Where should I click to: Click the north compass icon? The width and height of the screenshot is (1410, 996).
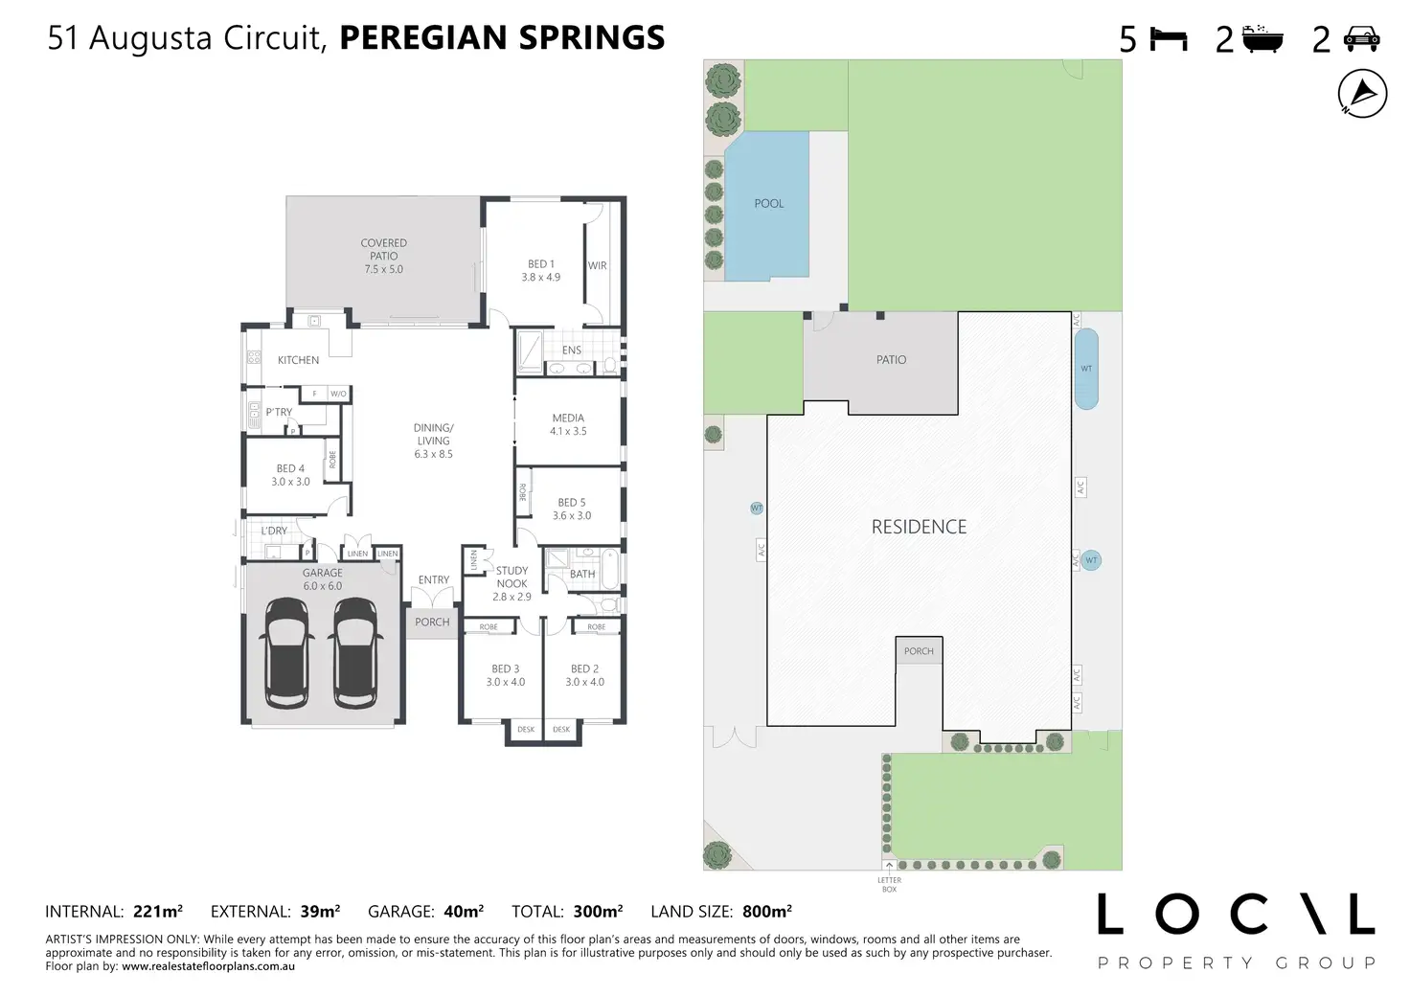[x=1362, y=94]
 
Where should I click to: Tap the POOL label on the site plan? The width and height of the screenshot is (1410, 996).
[x=768, y=204]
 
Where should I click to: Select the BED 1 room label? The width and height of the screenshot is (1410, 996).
[x=540, y=264]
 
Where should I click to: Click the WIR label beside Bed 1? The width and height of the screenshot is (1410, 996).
[x=598, y=265]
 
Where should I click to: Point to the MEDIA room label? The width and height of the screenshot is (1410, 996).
[x=568, y=418]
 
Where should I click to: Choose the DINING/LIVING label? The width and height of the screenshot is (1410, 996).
[x=433, y=434]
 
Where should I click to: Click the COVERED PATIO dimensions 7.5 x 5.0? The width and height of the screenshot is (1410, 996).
[x=383, y=269]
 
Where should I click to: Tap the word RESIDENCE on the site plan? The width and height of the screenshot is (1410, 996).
[x=919, y=527]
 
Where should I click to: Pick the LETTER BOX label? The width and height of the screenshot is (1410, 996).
[x=889, y=885]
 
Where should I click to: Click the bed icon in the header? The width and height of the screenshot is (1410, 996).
[x=1169, y=39]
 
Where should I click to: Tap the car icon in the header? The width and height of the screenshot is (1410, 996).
[x=1361, y=38]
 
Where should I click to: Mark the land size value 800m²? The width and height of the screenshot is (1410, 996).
[x=766, y=911]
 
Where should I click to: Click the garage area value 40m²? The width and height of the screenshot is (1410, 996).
[x=464, y=911]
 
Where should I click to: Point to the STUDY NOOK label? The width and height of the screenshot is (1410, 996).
[x=512, y=577]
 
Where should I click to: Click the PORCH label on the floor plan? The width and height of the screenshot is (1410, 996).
[x=432, y=622]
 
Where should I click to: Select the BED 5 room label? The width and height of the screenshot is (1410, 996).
[x=572, y=503]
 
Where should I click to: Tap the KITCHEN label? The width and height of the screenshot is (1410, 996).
[x=298, y=360]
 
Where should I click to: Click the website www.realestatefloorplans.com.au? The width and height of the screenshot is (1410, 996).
[x=208, y=965]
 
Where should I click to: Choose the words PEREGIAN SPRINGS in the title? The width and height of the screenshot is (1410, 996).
[x=502, y=37]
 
